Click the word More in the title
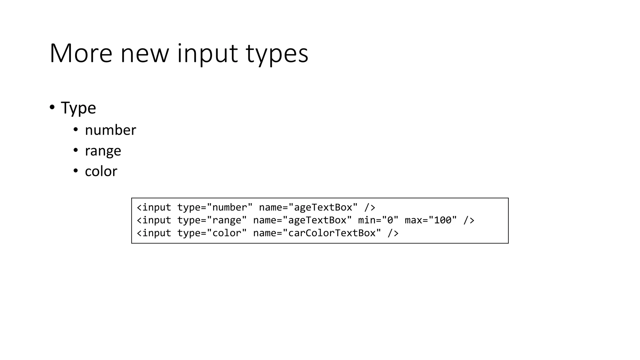pyautogui.click(x=81, y=53)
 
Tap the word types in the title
pyautogui.click(x=277, y=53)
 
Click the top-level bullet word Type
pyautogui.click(x=78, y=108)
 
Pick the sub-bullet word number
pyautogui.click(x=110, y=130)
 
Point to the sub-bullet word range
pyautogui.click(x=103, y=151)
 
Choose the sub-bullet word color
pyautogui.click(x=101, y=171)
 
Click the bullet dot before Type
pyautogui.click(x=52, y=107)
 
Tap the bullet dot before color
pyautogui.click(x=76, y=171)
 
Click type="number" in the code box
pyautogui.click(x=215, y=207)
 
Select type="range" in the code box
pyautogui.click(x=212, y=220)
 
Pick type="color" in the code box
pyautogui.click(x=212, y=233)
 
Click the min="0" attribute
pyautogui.click(x=378, y=220)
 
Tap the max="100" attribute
pyautogui.click(x=431, y=220)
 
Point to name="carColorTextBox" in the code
pyautogui.click(x=317, y=233)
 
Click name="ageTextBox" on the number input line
pyautogui.click(x=308, y=207)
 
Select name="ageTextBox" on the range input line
pyautogui.click(x=302, y=220)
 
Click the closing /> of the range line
pyautogui.click(x=469, y=220)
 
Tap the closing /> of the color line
pyautogui.click(x=393, y=233)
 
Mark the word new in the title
pyautogui.click(x=144, y=53)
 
